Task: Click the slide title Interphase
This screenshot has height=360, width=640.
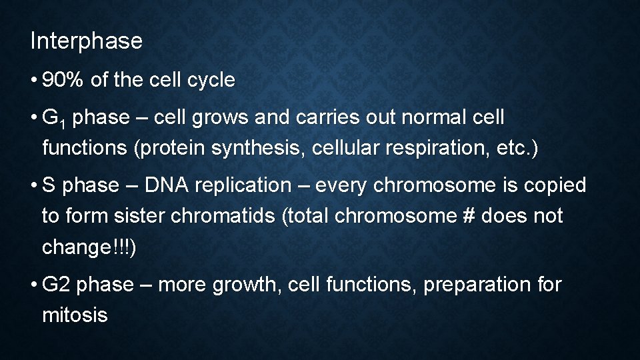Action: tap(86, 41)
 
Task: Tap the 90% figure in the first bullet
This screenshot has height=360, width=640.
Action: tap(63, 81)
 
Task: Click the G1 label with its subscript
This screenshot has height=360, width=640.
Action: tap(53, 119)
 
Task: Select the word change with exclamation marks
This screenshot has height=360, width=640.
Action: tap(89, 247)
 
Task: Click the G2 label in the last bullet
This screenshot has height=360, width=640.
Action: tap(55, 285)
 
